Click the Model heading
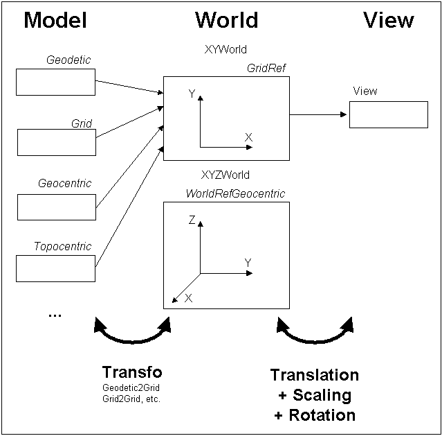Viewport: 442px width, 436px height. (55, 20)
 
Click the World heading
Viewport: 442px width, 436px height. (226, 20)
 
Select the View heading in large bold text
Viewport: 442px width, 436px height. (389, 20)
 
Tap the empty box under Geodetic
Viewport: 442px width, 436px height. (55, 82)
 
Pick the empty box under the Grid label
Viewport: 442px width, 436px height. (56, 142)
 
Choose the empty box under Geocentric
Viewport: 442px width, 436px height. (56, 207)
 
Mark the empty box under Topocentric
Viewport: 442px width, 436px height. (55, 268)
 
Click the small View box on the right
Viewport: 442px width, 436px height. (388, 114)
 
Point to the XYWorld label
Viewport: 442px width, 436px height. (226, 50)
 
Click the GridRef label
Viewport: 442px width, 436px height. (267, 69)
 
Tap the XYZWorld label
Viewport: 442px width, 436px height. (225, 175)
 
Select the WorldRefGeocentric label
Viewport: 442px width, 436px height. (235, 193)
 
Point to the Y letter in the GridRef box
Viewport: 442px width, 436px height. (192, 95)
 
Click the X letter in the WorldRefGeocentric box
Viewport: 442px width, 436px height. (188, 298)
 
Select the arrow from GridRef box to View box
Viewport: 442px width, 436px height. (318, 114)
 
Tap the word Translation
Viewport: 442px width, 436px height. (315, 376)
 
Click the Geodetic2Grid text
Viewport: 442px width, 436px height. (131, 387)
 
